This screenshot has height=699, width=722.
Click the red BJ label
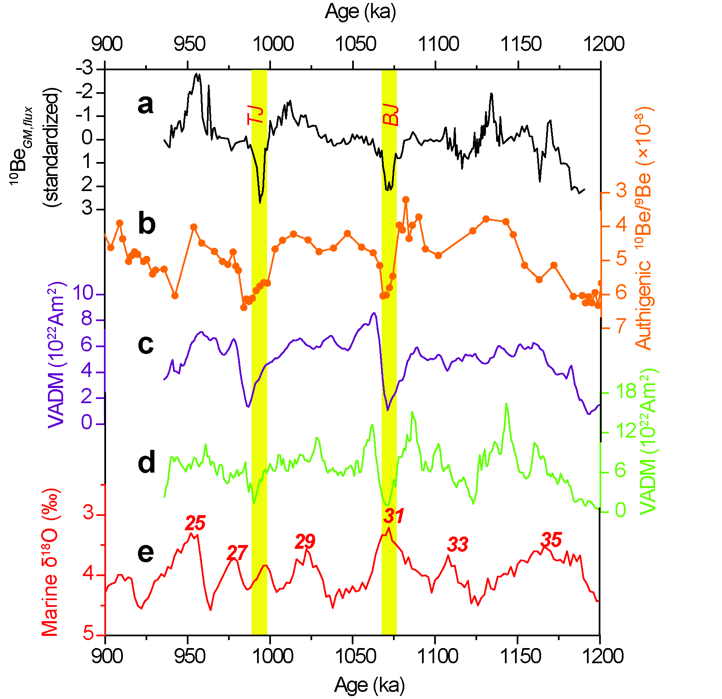tap(390, 115)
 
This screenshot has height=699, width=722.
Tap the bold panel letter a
tap(146, 104)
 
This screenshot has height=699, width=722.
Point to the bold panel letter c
tap(146, 344)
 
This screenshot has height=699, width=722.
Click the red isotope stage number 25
tap(195, 523)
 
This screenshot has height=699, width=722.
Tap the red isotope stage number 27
tap(237, 553)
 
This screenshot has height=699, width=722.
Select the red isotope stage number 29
tap(305, 542)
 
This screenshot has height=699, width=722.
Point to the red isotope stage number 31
tap(394, 516)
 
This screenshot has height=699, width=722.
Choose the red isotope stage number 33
tap(457, 545)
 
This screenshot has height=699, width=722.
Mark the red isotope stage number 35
tap(551, 540)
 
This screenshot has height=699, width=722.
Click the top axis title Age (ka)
tap(361, 12)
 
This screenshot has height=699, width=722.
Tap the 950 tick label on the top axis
tap(189, 44)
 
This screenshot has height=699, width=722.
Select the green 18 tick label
tap(626, 391)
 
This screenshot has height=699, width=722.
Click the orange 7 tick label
tap(621, 326)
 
